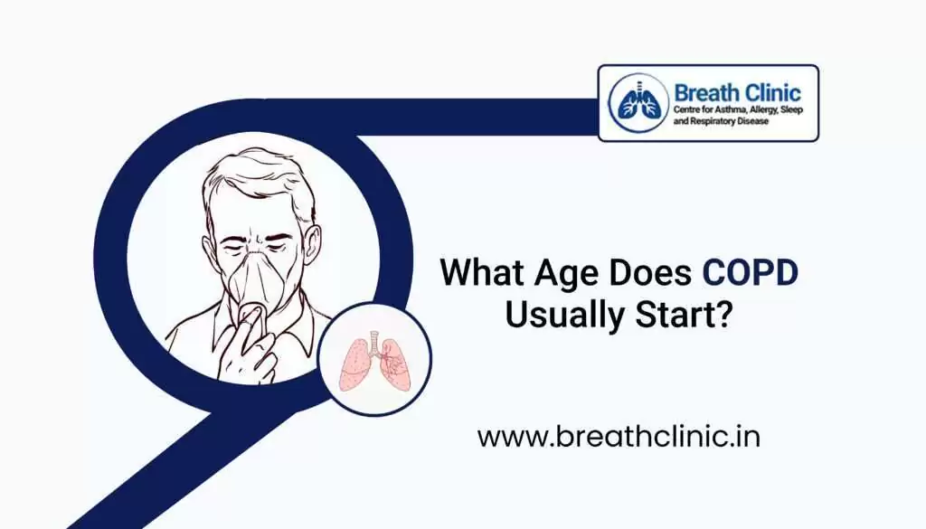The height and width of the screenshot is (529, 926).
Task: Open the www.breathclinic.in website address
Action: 618,437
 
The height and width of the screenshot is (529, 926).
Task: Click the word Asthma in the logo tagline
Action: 729,109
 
